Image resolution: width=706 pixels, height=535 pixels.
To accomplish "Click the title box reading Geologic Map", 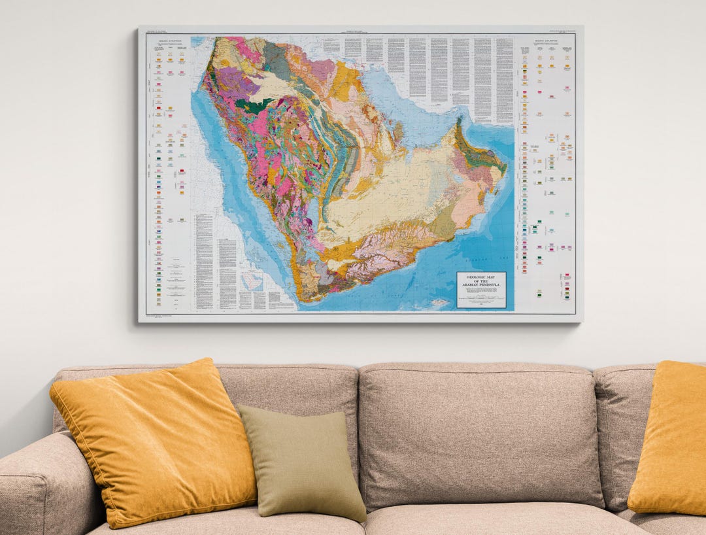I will click(481, 289).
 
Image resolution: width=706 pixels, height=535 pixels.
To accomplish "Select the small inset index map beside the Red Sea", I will click(252, 282).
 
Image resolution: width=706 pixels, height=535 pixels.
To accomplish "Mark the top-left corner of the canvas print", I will click(139, 28).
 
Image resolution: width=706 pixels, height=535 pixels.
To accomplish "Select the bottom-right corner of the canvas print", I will click(581, 320).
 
